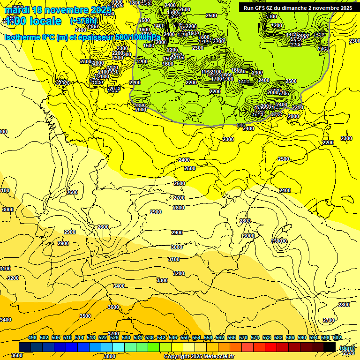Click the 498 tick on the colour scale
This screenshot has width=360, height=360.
[32, 338]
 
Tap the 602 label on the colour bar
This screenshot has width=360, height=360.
[336, 338]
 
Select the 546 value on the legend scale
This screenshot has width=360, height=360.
[172, 338]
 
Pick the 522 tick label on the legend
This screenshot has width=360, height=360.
[103, 338]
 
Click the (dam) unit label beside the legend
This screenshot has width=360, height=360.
[347, 348]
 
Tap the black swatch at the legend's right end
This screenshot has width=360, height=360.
[330, 347]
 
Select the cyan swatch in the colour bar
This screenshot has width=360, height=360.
[119, 347]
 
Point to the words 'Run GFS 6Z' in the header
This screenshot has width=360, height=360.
[259, 8]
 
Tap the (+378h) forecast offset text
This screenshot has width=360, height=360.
[83, 21]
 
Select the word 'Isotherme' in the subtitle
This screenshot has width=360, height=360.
[22, 37]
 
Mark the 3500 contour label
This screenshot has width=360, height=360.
[85, 316]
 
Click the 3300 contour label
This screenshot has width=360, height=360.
[162, 280]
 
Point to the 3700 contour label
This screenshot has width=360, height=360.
[114, 334]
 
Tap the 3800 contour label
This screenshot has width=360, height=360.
[110, 356]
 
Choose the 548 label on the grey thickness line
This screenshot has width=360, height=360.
[241, 125]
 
